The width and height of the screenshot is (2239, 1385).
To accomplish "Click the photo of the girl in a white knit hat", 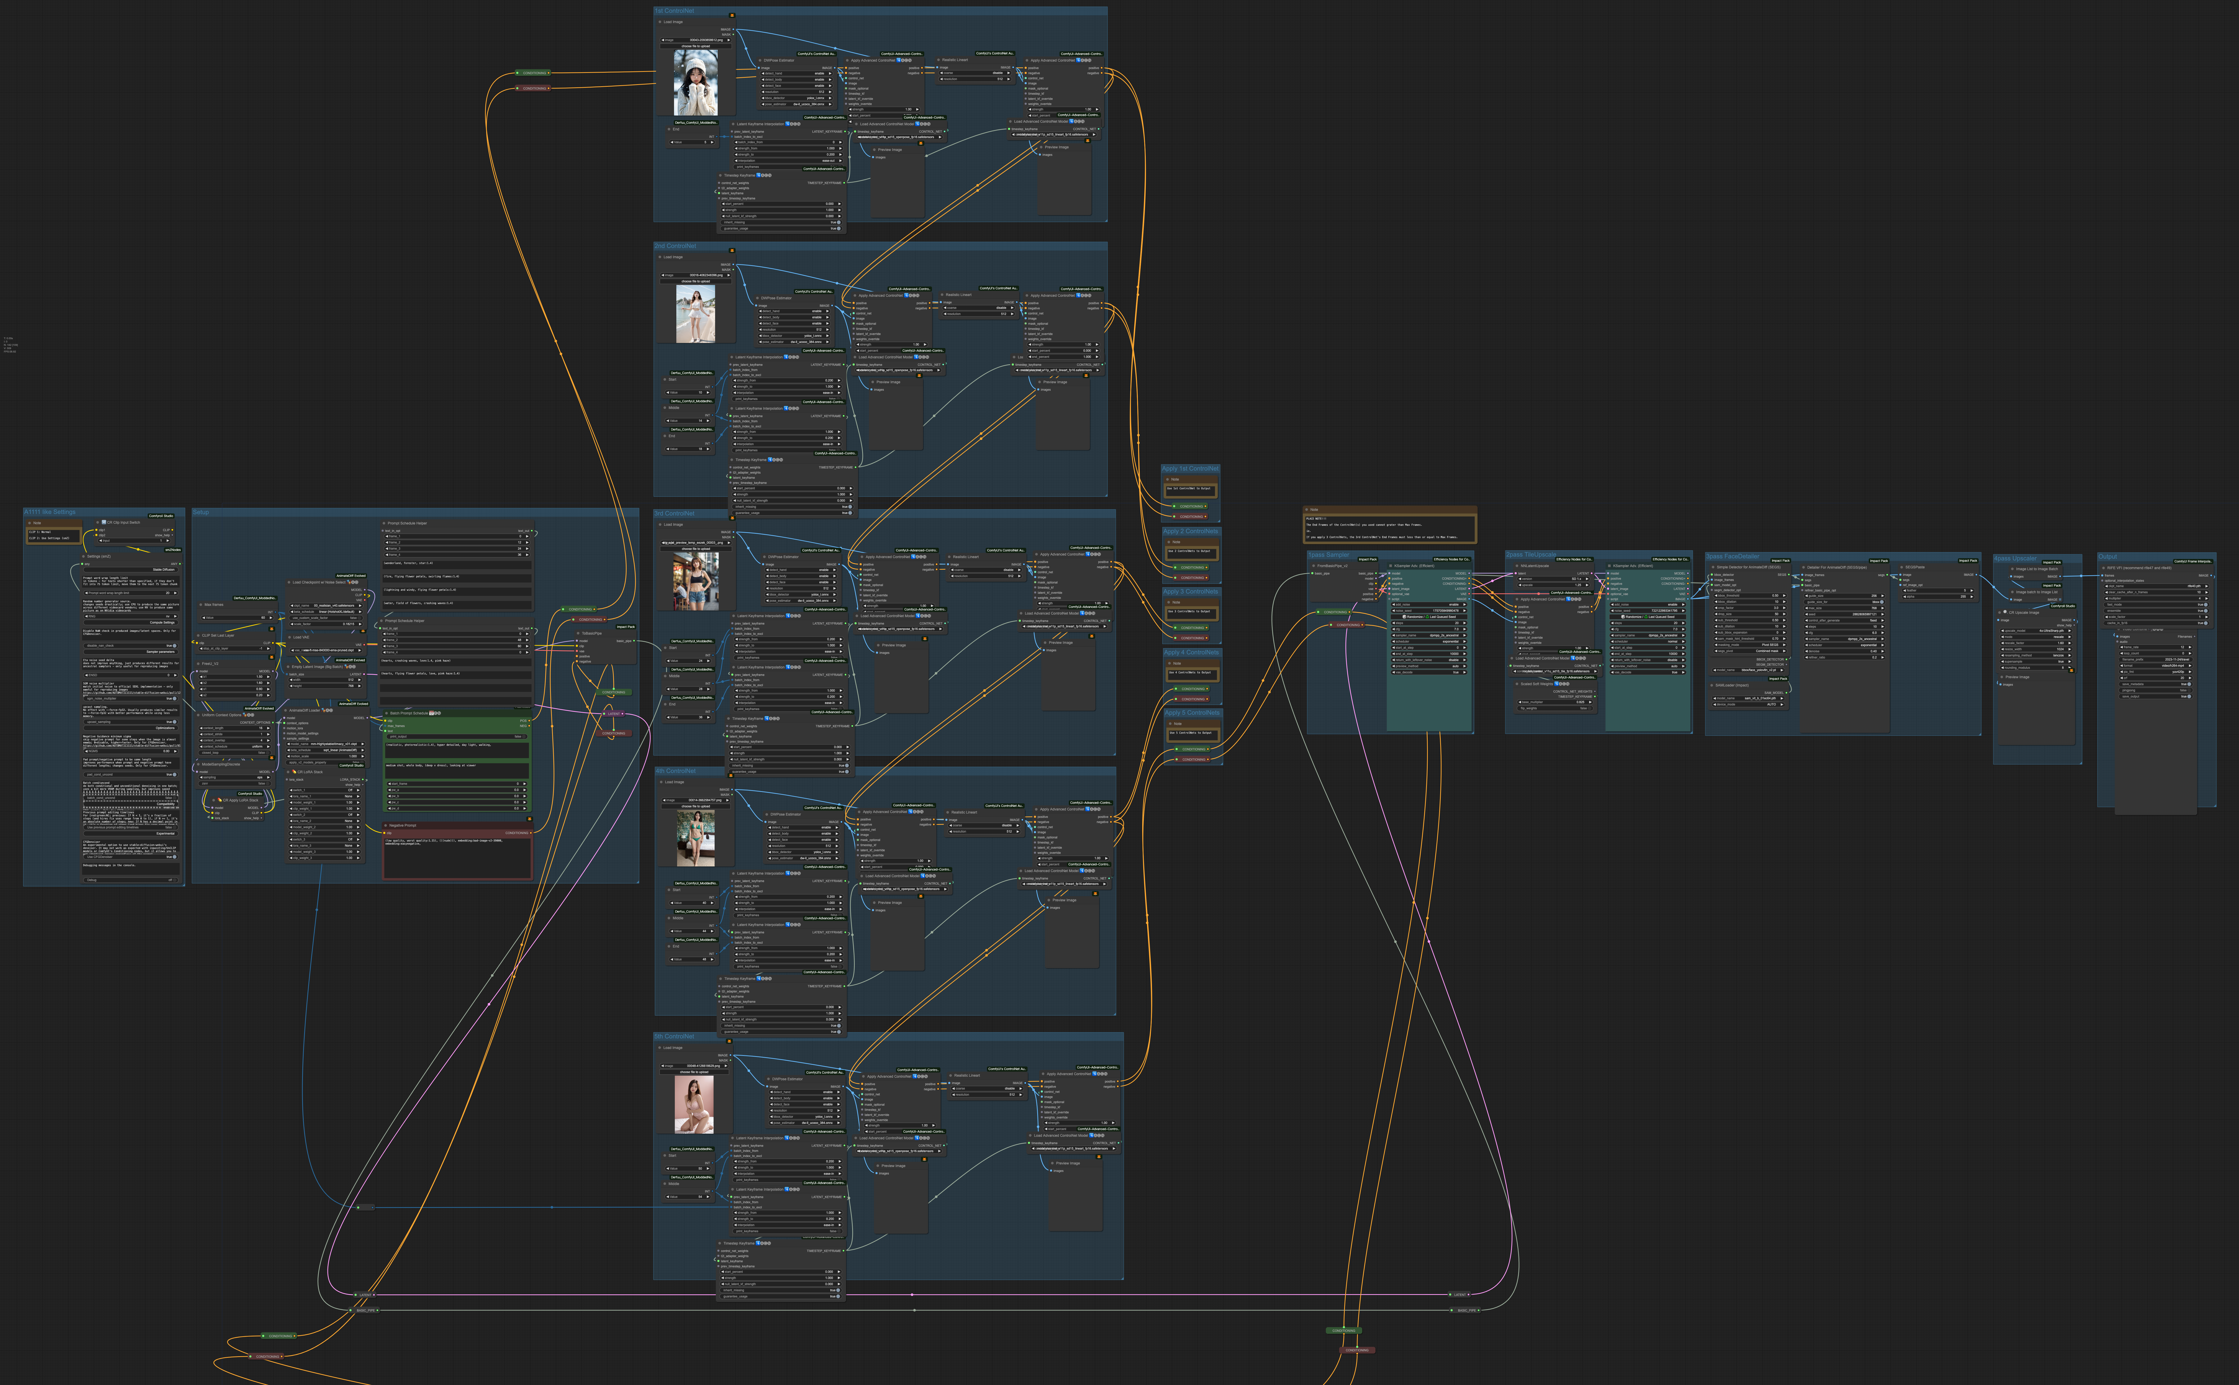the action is click(x=695, y=82).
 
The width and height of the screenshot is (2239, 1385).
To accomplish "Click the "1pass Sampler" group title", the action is click(x=1328, y=555).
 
